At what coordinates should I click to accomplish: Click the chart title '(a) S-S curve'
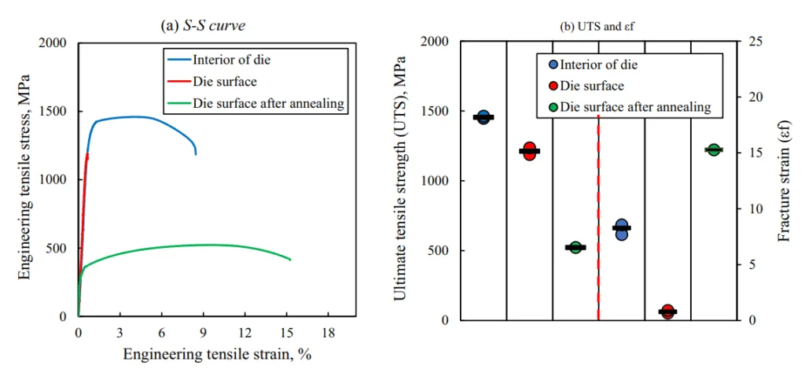tap(204, 24)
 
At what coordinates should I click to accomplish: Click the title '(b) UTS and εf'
tap(597, 26)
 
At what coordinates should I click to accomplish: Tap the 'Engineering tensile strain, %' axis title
tap(217, 354)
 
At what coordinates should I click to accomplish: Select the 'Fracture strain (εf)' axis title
tap(784, 180)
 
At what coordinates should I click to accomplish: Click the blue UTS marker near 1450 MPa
tap(483, 117)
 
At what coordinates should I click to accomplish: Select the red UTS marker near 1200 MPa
tap(529, 151)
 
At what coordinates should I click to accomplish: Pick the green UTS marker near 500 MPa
tap(575, 247)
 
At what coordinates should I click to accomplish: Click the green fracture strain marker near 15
tap(714, 149)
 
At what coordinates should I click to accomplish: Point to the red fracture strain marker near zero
tap(667, 312)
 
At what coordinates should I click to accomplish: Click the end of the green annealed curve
tap(291, 260)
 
